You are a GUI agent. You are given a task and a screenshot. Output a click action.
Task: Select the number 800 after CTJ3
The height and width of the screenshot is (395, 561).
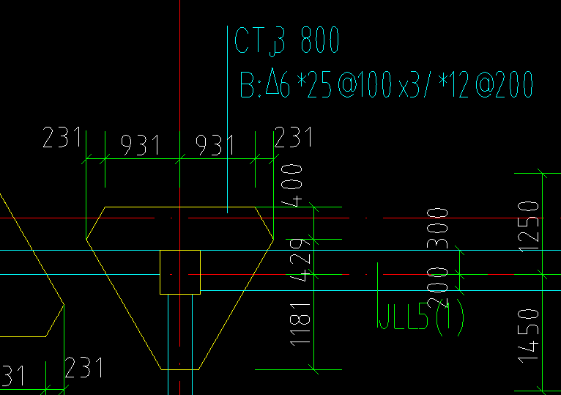320,41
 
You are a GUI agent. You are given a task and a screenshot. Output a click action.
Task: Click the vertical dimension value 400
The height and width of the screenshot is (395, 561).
293,186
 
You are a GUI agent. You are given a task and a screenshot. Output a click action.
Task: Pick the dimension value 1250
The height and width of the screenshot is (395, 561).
530,224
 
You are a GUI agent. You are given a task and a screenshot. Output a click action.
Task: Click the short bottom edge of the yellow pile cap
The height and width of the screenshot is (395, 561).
179,369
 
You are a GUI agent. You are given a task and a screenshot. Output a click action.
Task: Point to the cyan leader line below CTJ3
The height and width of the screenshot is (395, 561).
228,147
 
